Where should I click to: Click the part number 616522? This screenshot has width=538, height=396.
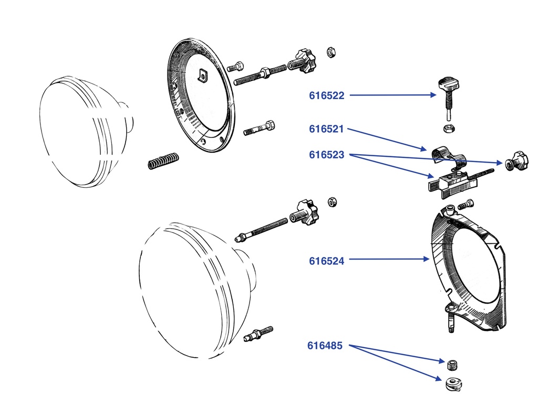pyautogui.click(x=326, y=95)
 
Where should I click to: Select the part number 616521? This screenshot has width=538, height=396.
pyautogui.click(x=326, y=129)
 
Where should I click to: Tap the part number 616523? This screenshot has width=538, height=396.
pyautogui.click(x=326, y=155)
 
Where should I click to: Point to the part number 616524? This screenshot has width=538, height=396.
pyautogui.click(x=326, y=260)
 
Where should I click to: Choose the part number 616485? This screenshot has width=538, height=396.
pyautogui.click(x=325, y=346)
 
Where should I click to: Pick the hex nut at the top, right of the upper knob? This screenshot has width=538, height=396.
pyautogui.click(x=332, y=51)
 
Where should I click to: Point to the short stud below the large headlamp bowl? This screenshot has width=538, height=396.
pyautogui.click(x=258, y=334)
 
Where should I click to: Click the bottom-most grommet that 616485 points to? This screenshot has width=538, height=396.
pyautogui.click(x=452, y=383)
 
